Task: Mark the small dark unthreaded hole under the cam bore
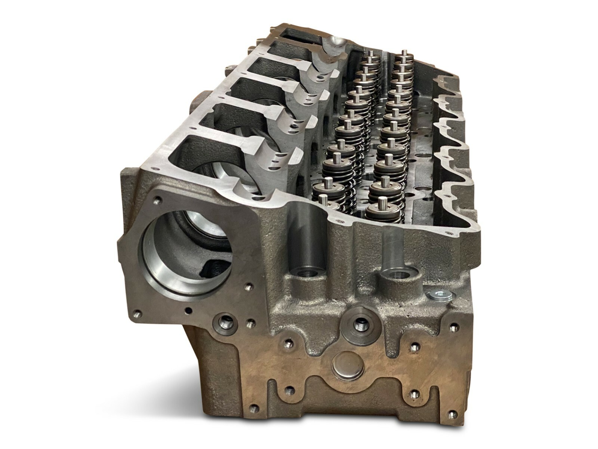point(189,310)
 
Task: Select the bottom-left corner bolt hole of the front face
point(254,407)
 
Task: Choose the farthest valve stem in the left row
point(369,55)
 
